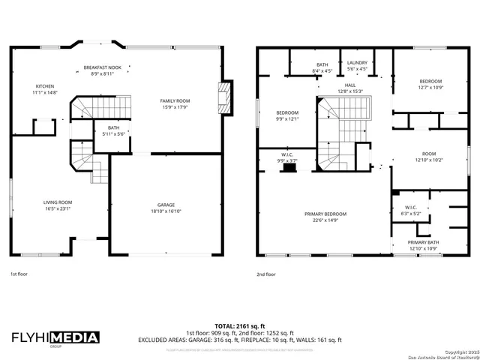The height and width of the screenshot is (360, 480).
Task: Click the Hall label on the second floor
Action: point(350,85)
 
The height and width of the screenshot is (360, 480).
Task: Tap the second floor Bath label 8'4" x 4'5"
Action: point(322,64)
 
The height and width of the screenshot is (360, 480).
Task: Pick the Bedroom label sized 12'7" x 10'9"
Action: point(430,81)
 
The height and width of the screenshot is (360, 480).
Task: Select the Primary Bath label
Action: point(424,242)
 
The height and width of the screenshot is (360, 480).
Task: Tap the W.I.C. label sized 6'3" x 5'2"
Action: point(411,208)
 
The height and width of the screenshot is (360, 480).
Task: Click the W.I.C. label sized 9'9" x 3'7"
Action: point(287,156)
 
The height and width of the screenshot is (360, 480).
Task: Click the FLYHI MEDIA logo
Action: point(55,337)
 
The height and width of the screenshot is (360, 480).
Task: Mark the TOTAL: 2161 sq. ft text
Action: point(239,326)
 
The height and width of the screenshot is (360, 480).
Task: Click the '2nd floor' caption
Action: point(266,274)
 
